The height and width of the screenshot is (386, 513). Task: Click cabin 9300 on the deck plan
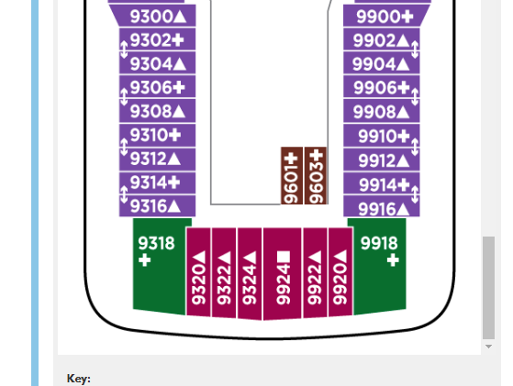click(x=154, y=16)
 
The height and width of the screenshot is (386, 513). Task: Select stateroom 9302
click(x=157, y=39)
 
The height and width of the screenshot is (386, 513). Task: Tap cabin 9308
click(x=157, y=111)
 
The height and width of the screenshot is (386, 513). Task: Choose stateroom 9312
click(x=157, y=160)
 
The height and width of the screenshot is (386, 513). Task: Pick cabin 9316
click(x=157, y=206)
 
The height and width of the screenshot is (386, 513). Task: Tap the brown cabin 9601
click(x=292, y=176)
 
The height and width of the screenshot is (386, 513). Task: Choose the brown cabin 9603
click(x=316, y=176)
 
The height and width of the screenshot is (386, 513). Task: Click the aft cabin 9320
click(x=198, y=272)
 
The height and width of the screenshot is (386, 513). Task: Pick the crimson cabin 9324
click(x=250, y=274)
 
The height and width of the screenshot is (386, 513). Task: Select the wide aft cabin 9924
click(x=283, y=274)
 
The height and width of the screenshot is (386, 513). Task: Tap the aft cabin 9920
click(x=340, y=272)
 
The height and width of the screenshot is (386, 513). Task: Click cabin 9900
click(x=385, y=16)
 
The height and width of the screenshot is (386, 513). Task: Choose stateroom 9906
click(x=382, y=87)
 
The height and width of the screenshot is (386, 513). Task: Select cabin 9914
click(x=382, y=184)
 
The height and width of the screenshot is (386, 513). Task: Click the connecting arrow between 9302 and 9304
click(x=124, y=50)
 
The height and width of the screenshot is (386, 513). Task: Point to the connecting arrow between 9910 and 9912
click(x=415, y=147)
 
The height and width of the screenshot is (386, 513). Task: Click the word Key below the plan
click(x=79, y=379)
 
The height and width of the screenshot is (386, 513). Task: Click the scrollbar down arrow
click(x=488, y=347)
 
